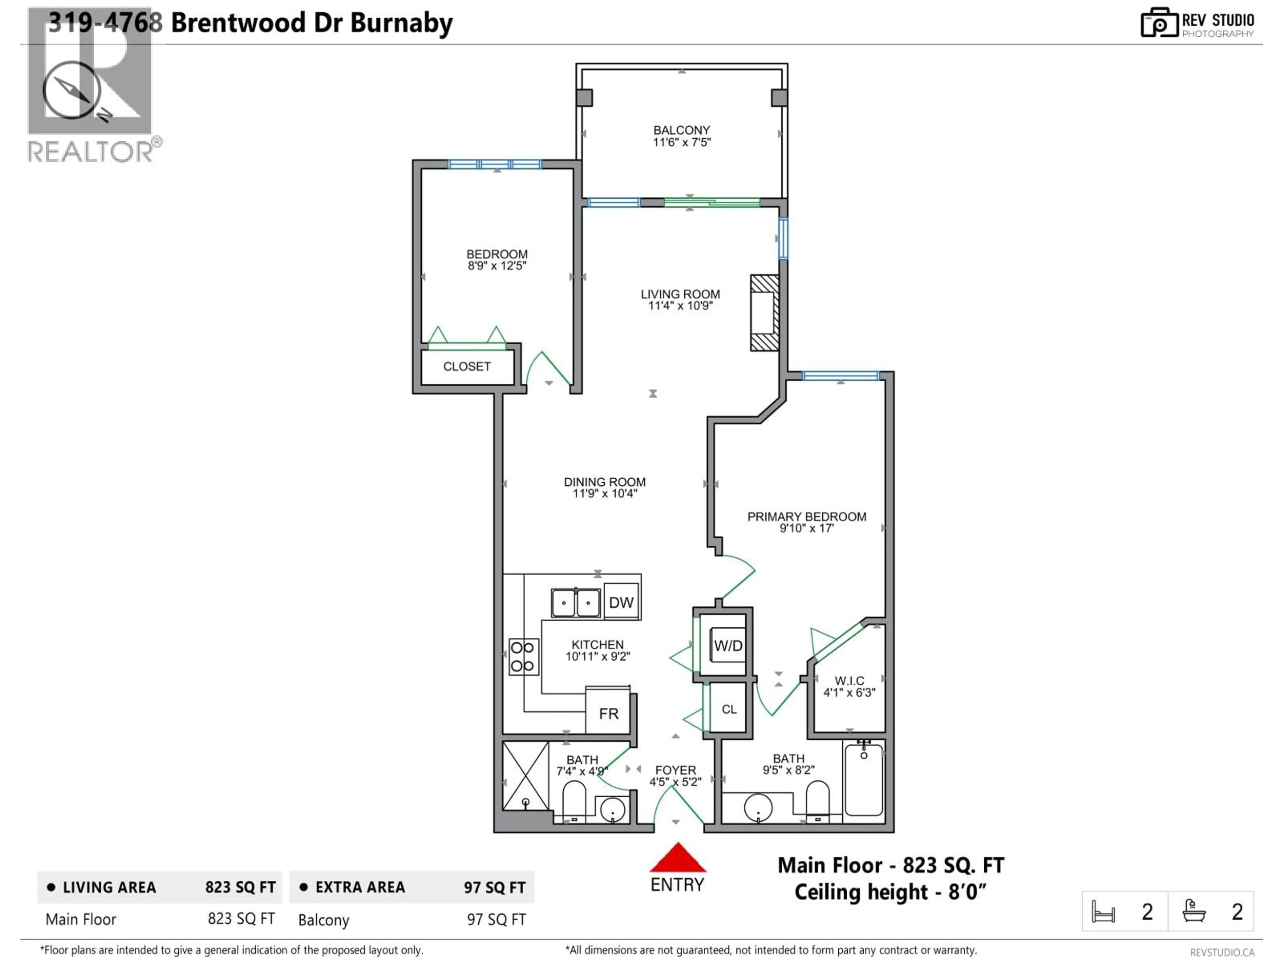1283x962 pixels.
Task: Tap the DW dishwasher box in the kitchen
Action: point(621,603)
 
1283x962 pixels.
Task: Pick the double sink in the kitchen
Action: point(575,603)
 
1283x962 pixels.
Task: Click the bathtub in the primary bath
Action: point(864,780)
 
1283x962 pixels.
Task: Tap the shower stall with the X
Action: point(526,775)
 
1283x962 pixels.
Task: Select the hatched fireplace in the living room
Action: point(764,313)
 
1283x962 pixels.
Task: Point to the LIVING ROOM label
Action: point(680,294)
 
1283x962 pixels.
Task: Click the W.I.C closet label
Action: point(849,681)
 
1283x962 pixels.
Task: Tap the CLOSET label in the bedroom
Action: point(467,366)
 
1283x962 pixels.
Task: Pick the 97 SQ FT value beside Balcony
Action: point(496,920)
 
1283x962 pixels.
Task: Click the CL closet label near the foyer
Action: point(729,709)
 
